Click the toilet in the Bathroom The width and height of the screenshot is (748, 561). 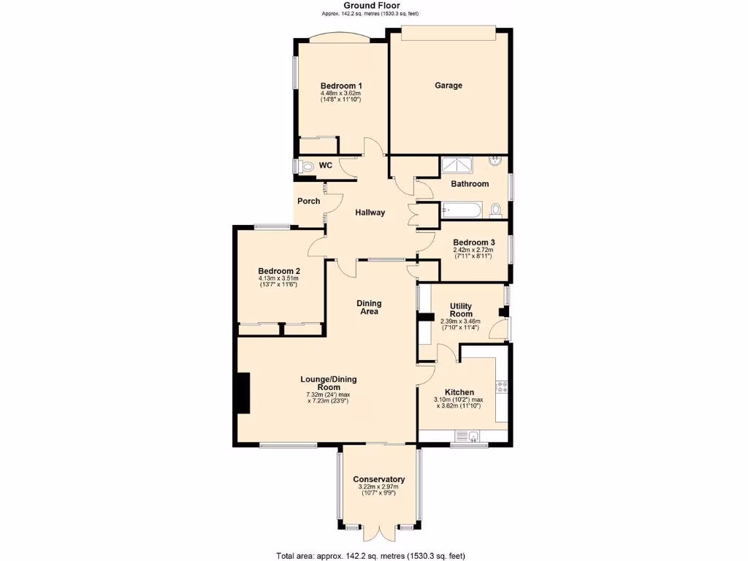(496, 211)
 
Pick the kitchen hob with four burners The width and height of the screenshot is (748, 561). (501, 387)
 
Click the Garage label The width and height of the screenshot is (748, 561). (449, 85)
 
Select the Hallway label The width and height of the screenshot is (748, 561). (370, 213)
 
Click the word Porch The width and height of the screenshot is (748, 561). (308, 201)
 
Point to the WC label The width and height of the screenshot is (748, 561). (326, 166)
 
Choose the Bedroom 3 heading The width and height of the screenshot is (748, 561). (473, 243)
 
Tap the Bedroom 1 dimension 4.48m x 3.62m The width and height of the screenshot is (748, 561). (340, 93)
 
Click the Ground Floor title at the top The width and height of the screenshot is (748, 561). (371, 5)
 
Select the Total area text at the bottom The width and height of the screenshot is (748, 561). (370, 555)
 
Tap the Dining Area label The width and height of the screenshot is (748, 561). (369, 308)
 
